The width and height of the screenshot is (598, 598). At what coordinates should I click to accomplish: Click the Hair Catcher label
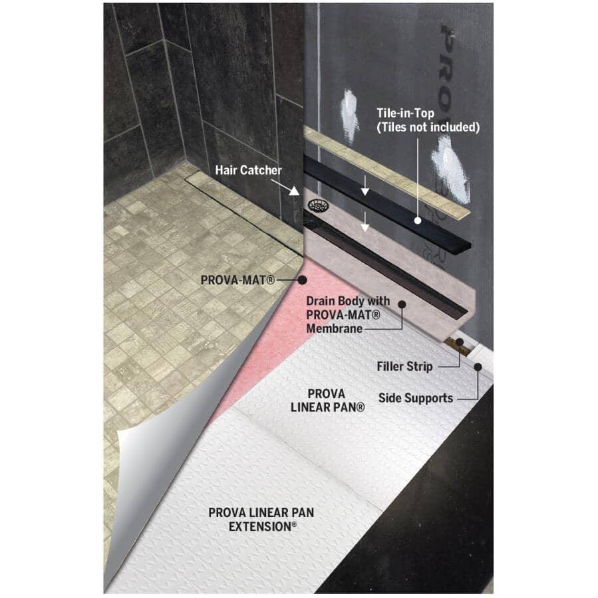pyautogui.click(x=248, y=170)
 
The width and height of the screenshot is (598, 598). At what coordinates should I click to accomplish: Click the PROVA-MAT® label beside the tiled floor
pyautogui.click(x=237, y=280)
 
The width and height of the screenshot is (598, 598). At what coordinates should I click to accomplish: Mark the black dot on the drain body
pyautogui.click(x=402, y=304)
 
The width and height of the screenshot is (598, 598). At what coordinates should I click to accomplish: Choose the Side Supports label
pyautogui.click(x=416, y=399)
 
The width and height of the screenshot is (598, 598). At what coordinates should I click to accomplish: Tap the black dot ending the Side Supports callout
pyautogui.click(x=478, y=365)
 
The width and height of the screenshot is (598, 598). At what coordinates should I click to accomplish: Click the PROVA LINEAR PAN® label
pyautogui.click(x=327, y=399)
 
